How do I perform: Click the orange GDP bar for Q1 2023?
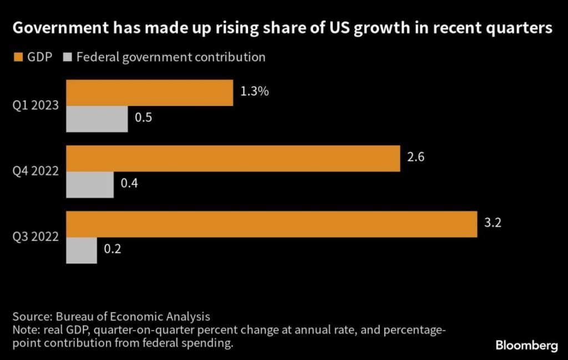[150, 93]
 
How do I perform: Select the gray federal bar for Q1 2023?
[97, 119]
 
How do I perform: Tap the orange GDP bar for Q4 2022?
[233, 158]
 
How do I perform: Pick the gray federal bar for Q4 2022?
[90, 185]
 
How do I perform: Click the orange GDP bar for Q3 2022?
[272, 224]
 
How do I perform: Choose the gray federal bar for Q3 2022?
[82, 250]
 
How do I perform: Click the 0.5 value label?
[144, 119]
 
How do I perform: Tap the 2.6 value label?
[416, 158]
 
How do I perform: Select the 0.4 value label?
[129, 184]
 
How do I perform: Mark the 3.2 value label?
[493, 224]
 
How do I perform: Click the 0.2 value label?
[113, 250]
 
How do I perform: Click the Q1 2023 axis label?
[35, 106]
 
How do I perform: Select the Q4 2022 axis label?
[35, 171]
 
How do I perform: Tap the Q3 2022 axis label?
[35, 237]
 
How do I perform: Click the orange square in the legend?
[16, 58]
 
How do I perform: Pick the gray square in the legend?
[68, 58]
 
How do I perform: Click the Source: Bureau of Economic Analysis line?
[111, 317]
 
